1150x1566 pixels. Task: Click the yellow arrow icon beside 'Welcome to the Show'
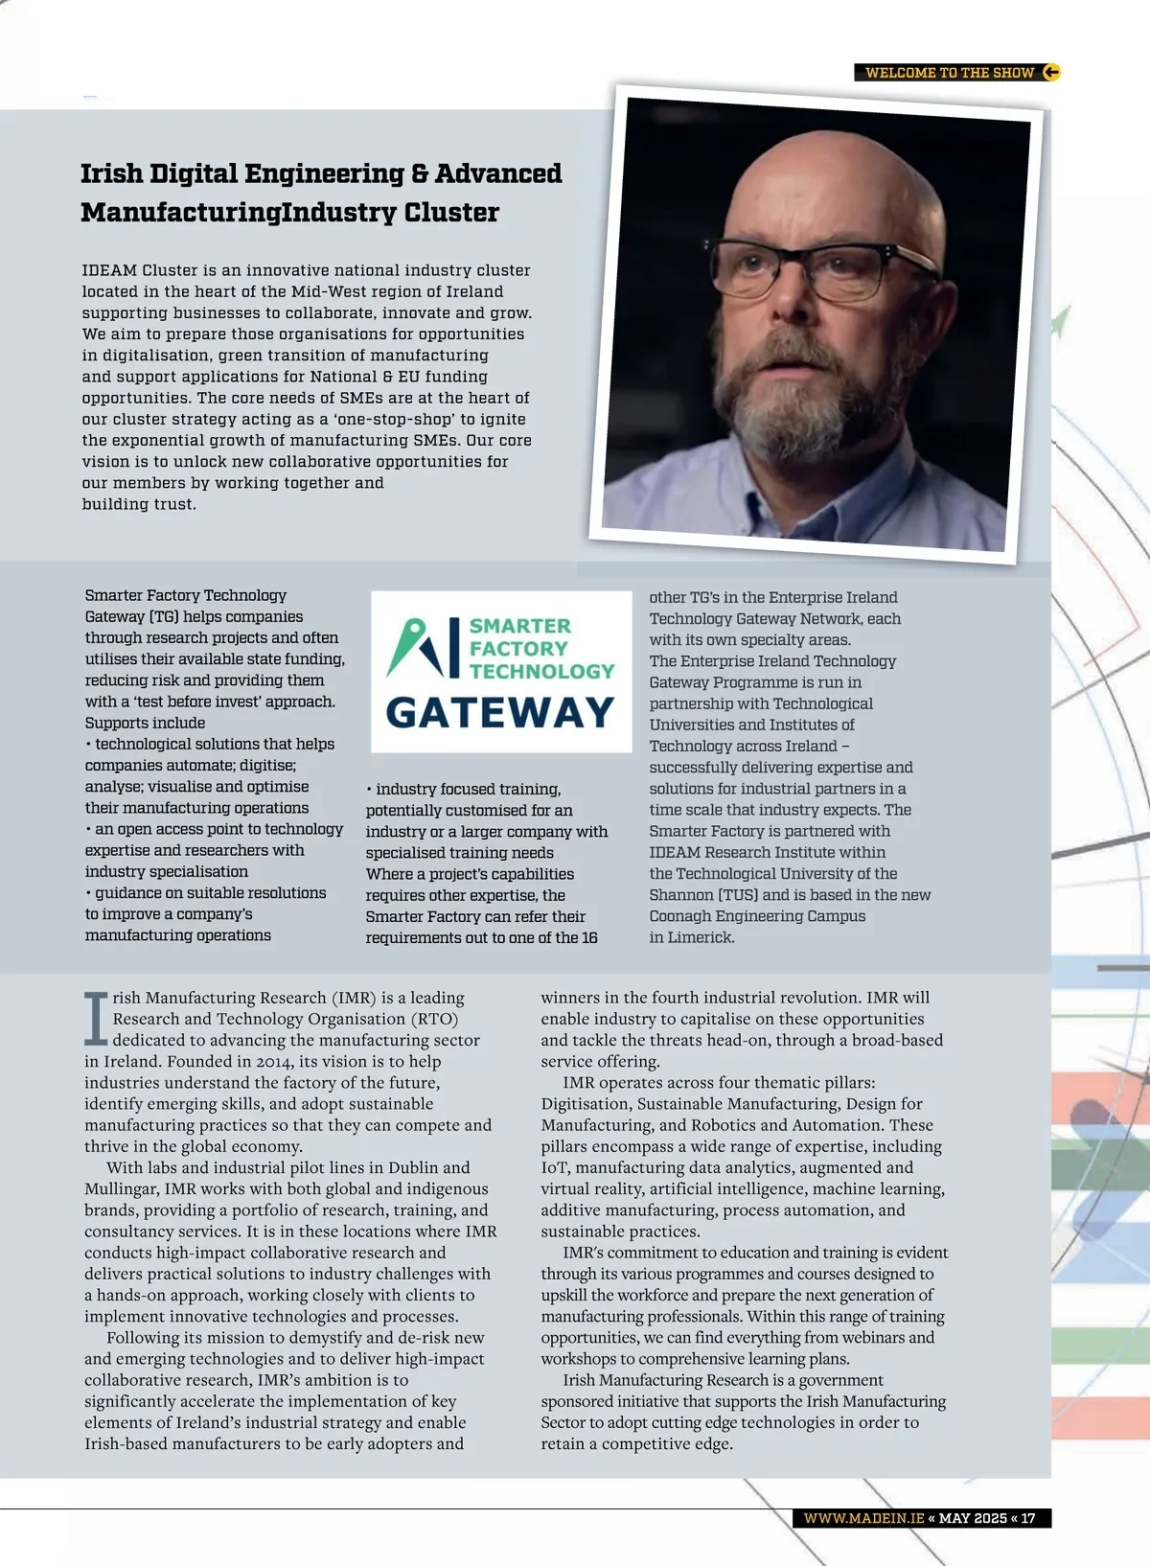pos(1051,72)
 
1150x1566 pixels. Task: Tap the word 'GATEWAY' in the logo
pos(499,712)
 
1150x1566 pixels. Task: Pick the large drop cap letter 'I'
pos(96,1019)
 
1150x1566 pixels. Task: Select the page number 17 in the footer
pos(1027,1518)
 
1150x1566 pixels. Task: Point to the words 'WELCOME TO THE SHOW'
pos(949,73)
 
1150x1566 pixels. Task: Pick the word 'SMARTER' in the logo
pos(519,626)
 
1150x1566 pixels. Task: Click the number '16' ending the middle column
pos(589,937)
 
